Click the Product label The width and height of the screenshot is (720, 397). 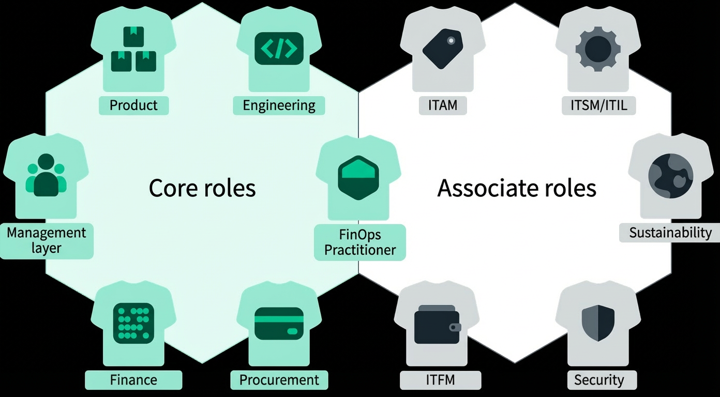pos(133,105)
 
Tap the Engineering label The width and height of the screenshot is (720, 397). pos(279,105)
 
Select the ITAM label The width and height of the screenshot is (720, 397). pos(443,105)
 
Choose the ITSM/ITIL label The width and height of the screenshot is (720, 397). pos(599,105)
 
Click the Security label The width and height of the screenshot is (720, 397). pos(599,380)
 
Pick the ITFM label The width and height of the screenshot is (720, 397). pos(440,380)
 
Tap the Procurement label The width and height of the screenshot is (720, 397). pos(279,380)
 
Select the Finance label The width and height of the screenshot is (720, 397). pos(133,380)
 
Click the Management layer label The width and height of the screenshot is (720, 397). pos(46,241)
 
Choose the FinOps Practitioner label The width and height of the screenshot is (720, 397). pos(360,242)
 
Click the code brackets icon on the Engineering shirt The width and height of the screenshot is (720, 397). pos(279,49)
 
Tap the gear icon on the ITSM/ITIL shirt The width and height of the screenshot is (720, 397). pos(598,49)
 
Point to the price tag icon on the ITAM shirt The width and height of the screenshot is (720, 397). pos(442,49)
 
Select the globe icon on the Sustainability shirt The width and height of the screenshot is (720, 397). pos(671,176)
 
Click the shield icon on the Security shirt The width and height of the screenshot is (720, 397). pos(598,323)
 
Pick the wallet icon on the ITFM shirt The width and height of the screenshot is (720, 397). pos(438,325)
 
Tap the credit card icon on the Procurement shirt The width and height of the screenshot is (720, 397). pos(279,324)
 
